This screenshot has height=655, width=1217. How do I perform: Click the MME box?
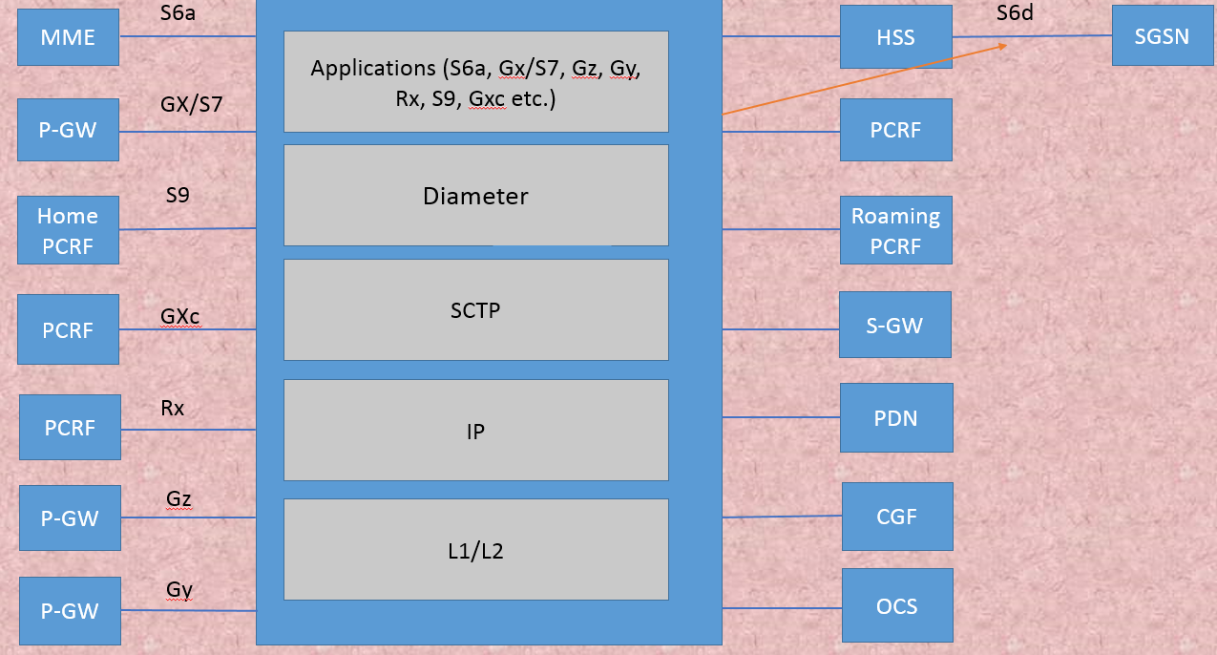68,37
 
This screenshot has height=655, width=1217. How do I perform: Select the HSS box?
895,37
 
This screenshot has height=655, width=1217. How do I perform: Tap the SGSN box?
1162,36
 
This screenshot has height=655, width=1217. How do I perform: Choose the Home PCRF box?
68,230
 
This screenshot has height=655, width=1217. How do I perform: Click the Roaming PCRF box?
895,230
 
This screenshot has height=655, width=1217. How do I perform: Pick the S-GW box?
895,325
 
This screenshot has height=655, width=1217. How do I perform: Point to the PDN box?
895,417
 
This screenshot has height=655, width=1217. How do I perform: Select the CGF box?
896,517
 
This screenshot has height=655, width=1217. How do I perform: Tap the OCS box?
896,605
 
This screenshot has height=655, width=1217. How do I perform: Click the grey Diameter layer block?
475,196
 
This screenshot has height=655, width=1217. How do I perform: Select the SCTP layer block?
475,310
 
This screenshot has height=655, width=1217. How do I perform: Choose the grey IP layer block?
475,431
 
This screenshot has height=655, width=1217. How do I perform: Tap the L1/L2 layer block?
475,550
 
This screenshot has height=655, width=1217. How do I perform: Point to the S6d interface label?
1015,13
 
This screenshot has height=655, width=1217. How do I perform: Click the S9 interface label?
178,196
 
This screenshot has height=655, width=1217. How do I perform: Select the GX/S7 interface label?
191,104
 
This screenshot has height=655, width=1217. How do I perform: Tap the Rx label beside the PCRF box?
173,408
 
